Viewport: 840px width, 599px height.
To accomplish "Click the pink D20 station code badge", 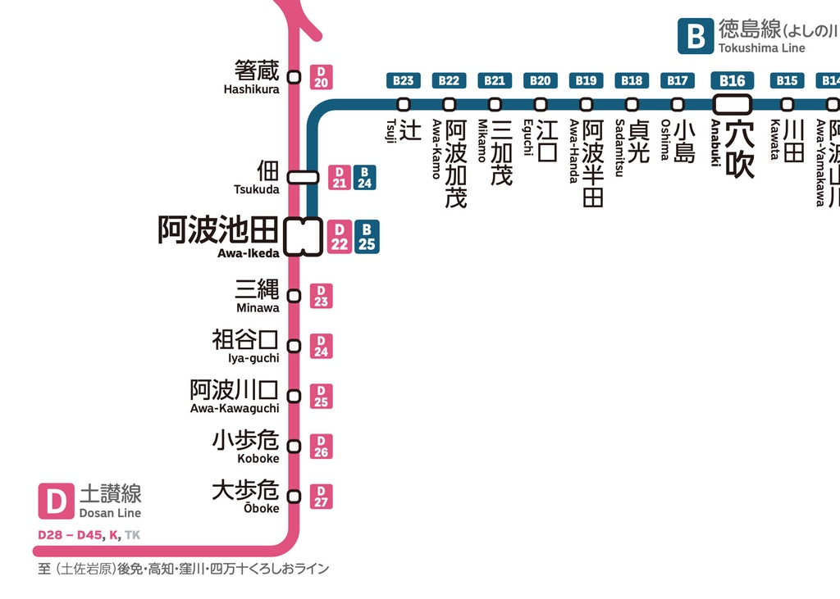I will pos(321,77).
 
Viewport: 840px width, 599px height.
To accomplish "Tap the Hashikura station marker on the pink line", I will pos(294,77).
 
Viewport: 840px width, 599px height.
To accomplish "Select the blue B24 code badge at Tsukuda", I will pos(365,178).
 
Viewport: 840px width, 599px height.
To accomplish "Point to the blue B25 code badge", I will pos(367,237).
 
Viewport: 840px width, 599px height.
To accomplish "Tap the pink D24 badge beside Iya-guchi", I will pos(321,346).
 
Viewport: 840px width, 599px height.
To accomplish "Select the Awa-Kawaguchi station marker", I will pos(294,397).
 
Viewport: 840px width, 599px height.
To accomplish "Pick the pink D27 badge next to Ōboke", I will pos(321,497).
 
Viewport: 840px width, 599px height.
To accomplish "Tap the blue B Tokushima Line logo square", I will pos(695,37).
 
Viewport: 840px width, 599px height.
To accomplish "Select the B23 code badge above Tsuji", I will pos(403,80).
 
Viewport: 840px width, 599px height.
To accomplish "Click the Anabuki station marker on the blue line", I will pos(732,104).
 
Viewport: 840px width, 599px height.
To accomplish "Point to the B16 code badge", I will pos(732,80).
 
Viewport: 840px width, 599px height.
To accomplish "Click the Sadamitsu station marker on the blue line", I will pos(632,104).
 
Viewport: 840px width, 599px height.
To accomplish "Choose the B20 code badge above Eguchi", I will pos(540,80).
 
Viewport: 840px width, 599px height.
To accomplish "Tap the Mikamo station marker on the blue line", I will pos(495,104).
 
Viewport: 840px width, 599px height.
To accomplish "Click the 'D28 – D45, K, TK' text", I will pos(89,535).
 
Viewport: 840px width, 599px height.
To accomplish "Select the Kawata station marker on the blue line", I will pos(787,104).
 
